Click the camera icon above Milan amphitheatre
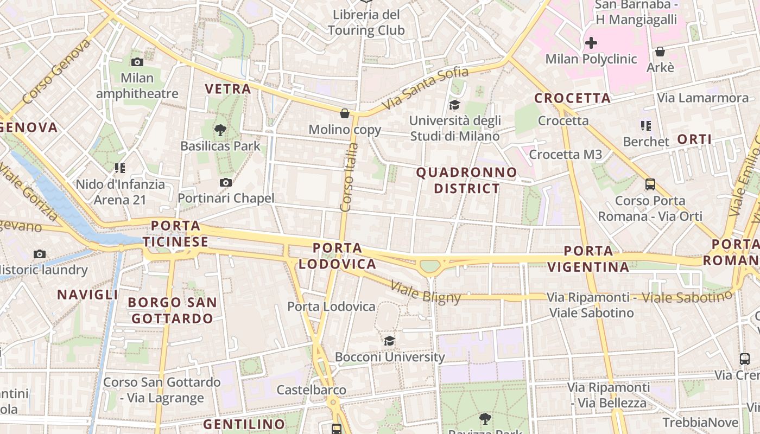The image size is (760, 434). tap(137, 62)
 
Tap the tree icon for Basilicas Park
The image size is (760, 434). tap(220, 130)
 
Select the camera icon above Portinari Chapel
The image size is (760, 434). tap(226, 182)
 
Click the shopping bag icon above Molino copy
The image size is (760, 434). tap(344, 113)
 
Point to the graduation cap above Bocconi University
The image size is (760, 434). tap(389, 341)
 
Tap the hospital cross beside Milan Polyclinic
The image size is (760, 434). tap(591, 42)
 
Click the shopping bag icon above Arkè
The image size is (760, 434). tap(660, 52)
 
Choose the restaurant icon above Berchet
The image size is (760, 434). tap(645, 126)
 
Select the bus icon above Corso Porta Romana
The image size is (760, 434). tap(650, 184)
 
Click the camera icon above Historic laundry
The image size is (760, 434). tap(39, 253)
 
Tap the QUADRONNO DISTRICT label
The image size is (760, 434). tap(466, 181)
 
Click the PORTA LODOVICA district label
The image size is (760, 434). tap(337, 256)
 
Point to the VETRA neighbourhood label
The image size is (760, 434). tap(228, 89)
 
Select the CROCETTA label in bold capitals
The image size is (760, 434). tap(573, 98)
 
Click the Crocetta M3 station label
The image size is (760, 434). tap(566, 155)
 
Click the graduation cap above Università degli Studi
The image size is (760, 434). tap(454, 105)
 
